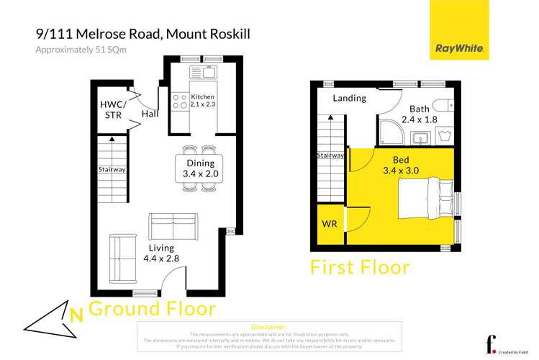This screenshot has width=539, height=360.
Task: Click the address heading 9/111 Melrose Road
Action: click(142, 35)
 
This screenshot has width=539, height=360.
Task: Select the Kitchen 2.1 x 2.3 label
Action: click(202, 101)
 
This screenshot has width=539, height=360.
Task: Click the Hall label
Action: click(150, 114)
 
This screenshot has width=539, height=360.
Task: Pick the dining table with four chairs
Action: click(199, 169)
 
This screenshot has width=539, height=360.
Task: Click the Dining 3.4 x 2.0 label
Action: click(199, 168)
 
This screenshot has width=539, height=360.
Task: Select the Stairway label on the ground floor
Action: click(112, 170)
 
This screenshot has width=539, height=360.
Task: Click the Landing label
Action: click(350, 98)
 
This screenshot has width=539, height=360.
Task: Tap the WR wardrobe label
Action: click(330, 224)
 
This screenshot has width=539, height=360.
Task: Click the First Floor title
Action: click(360, 267)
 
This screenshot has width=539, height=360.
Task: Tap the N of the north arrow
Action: click(76, 313)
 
